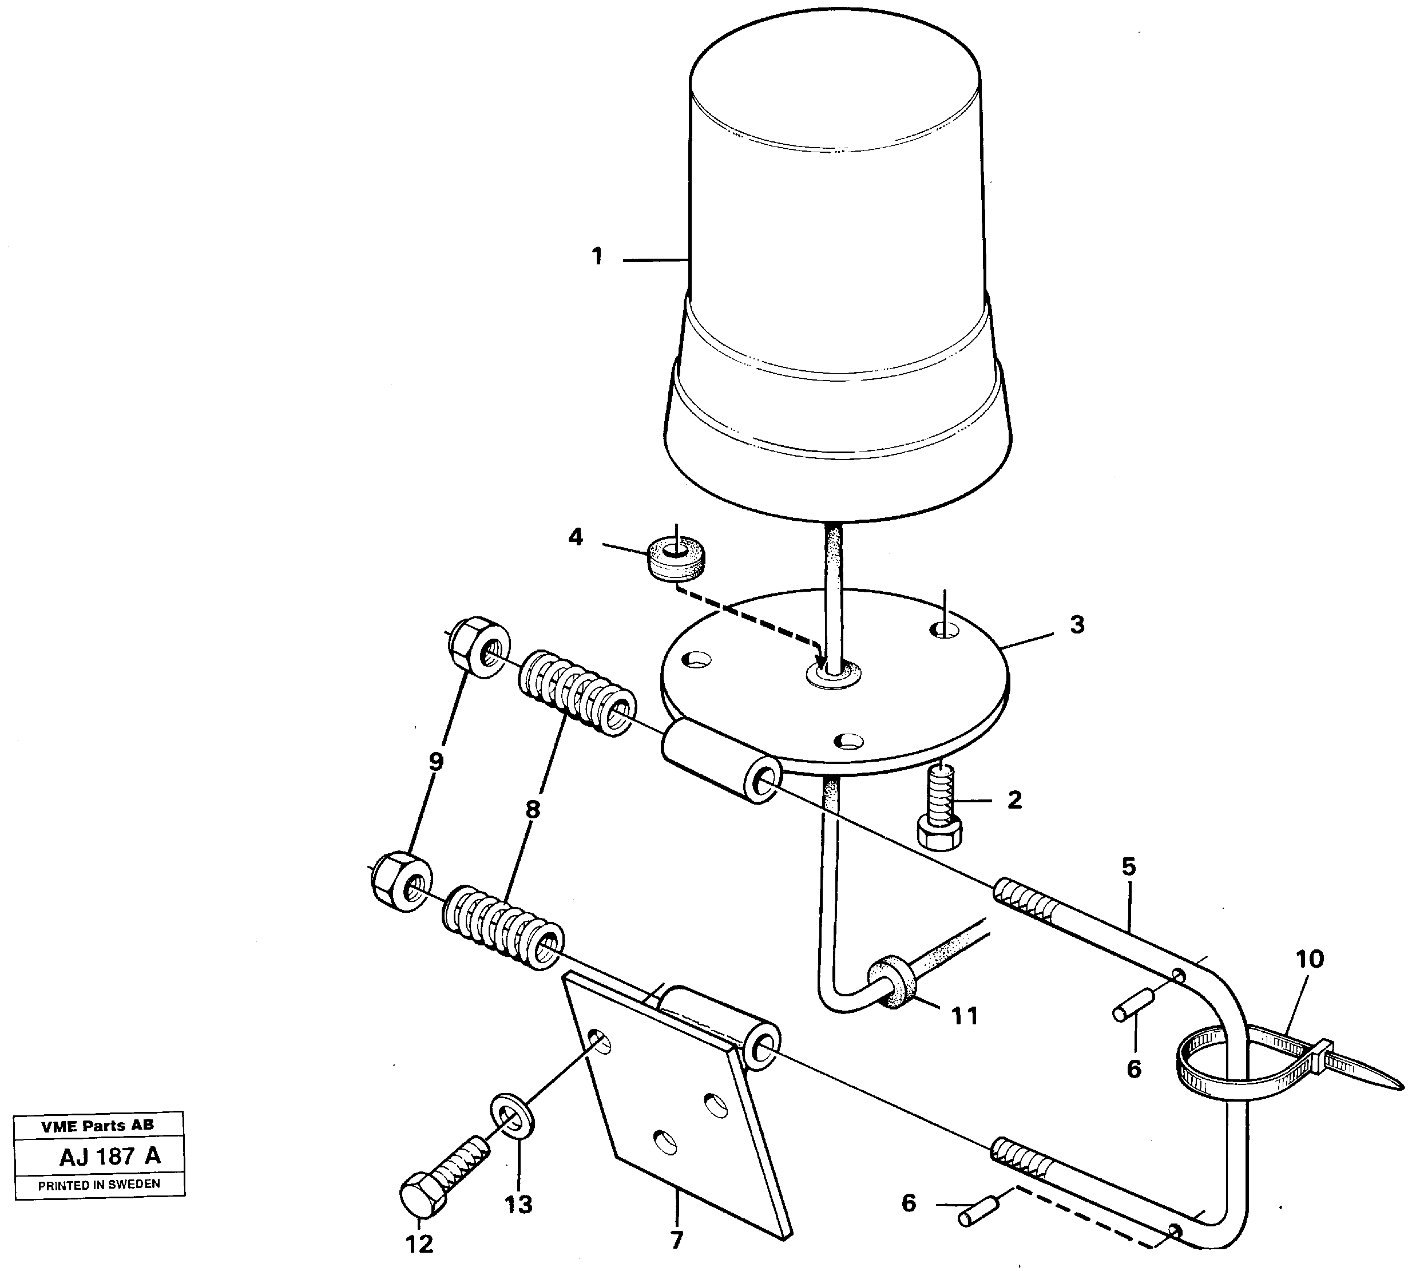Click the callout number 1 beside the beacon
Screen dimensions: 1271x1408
pos(597,257)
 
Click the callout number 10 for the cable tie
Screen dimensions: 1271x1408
pos(1309,959)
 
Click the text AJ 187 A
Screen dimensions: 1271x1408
pos(110,1157)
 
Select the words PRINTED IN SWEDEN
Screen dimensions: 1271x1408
pos(99,1185)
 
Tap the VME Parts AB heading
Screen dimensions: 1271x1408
pos(98,1126)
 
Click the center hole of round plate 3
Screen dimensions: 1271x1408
pos(834,675)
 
